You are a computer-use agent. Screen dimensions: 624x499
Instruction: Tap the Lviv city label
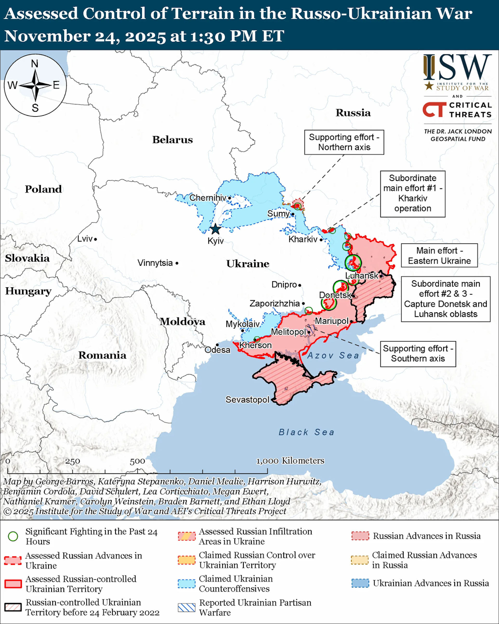coord(85,239)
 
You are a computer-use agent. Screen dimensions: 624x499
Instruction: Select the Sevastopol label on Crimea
coord(247,400)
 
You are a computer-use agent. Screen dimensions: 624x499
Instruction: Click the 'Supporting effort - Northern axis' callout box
coord(344,142)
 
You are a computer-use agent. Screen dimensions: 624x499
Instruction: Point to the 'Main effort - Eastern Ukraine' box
coord(439,256)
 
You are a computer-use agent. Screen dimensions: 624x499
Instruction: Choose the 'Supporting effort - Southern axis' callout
coord(418,354)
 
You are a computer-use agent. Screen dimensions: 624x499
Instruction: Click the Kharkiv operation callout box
coord(412,193)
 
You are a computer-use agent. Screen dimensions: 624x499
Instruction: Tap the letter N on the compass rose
coord(35,64)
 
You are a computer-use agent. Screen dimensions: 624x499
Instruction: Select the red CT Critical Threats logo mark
coord(434,109)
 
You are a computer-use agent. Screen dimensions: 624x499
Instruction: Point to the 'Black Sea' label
coord(306,432)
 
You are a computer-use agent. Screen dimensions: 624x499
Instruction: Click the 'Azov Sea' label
coord(333,355)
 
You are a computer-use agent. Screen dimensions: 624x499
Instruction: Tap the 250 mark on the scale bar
coord(72,461)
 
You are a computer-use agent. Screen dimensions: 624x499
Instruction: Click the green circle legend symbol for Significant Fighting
coord(13,536)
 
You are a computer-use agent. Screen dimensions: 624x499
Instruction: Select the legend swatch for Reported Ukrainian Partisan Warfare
coord(187,608)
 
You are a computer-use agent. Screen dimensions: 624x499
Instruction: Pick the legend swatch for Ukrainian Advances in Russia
coord(360,583)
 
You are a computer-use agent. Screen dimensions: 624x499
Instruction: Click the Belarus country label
coord(172,140)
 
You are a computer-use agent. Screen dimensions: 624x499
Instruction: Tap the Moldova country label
coord(182,322)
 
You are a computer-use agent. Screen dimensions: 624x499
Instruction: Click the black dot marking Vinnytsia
coord(177,263)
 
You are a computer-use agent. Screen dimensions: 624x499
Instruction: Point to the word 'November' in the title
coord(47,36)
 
